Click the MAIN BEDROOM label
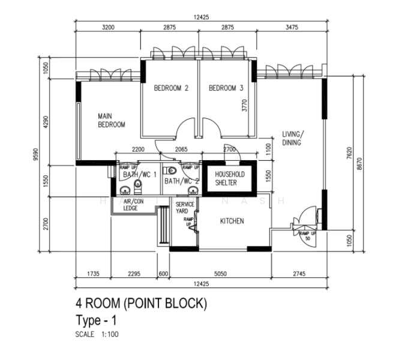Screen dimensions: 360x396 tap(112, 120)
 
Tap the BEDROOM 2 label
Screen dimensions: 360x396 tap(171, 88)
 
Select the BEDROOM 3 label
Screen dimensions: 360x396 tap(226, 88)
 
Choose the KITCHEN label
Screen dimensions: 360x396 tap(232, 221)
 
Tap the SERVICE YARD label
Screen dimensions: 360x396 tap(184, 208)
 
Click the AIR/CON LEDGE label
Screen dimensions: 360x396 tap(133, 205)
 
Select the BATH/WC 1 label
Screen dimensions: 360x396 tap(140, 175)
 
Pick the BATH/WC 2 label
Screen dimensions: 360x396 tap(182, 180)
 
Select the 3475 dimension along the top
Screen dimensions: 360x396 tap(292, 28)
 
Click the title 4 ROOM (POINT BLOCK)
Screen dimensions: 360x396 tap(141, 304)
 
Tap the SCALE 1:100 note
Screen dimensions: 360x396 tap(97, 334)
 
